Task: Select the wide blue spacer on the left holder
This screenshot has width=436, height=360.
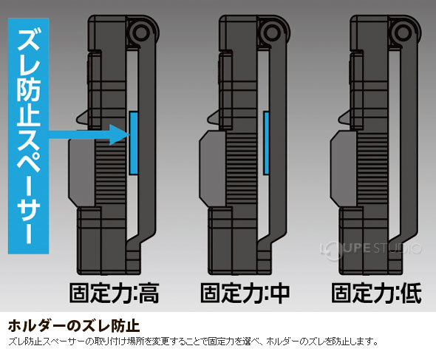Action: pos(133,143)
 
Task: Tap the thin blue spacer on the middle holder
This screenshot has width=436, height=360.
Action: pos(266,143)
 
